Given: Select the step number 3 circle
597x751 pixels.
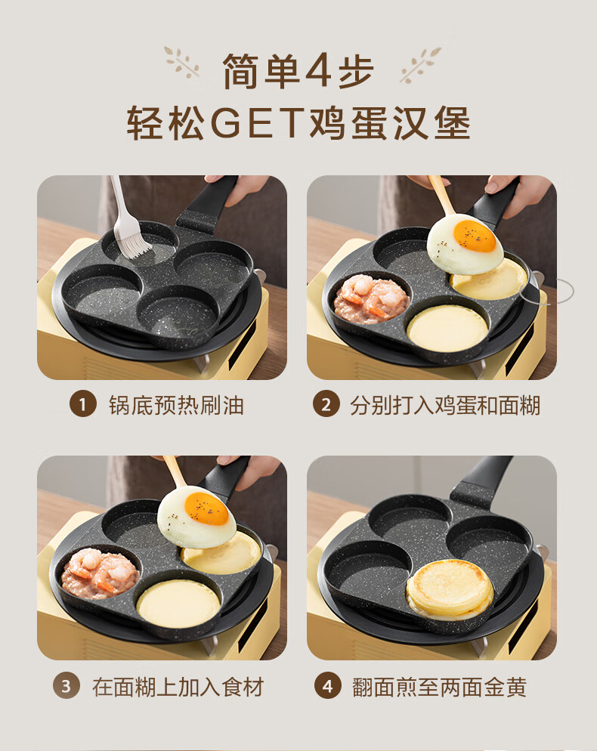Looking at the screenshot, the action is [x=66, y=686].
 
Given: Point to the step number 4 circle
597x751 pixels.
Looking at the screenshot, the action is [x=328, y=686].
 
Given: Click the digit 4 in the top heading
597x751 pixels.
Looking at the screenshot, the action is [x=318, y=72].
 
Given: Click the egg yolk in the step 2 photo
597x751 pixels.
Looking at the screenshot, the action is [x=475, y=236].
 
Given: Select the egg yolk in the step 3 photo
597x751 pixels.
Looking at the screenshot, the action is [x=206, y=508].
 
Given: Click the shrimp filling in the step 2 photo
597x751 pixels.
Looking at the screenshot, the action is [x=371, y=299].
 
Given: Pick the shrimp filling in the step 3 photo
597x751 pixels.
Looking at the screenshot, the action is [x=101, y=573].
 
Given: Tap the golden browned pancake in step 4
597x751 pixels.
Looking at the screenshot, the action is [x=450, y=589].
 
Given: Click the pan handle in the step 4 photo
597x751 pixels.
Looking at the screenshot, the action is [x=481, y=481].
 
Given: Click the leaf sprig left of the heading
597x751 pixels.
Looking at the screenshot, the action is [x=181, y=62].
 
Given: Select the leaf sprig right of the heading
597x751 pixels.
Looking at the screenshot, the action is [x=420, y=64].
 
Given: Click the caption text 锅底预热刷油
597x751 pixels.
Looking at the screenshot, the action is [x=176, y=405].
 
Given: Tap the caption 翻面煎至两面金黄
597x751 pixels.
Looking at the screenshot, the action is [x=439, y=687].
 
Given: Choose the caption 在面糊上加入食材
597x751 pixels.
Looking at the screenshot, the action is [x=178, y=687].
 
